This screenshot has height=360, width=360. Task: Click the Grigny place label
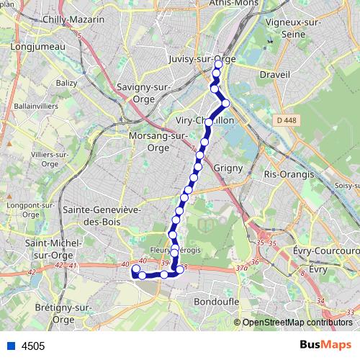(x=228, y=168)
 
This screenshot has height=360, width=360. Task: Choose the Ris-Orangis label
(x=289, y=174)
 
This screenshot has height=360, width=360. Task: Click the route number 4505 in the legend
(x=33, y=346)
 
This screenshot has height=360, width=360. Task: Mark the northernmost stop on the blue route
(x=218, y=65)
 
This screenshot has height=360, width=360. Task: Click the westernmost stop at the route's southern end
(x=135, y=269)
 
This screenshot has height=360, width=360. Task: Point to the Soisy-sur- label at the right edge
(x=347, y=186)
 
